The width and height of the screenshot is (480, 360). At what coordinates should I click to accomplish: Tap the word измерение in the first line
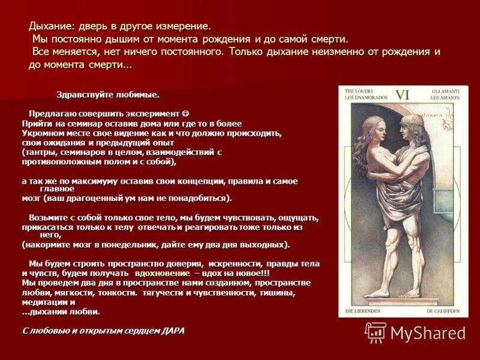183,27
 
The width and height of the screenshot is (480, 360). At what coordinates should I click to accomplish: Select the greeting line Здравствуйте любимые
107,95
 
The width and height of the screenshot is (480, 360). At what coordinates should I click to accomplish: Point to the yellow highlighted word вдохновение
158,273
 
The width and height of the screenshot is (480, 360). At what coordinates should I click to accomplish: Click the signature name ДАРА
173,331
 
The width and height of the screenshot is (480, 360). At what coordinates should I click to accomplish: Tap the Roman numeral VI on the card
401,95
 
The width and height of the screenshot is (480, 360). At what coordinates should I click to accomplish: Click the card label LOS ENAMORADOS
365,97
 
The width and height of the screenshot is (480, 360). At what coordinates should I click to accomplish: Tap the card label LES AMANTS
446,97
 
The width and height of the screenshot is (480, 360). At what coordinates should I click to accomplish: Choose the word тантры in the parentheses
40,152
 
